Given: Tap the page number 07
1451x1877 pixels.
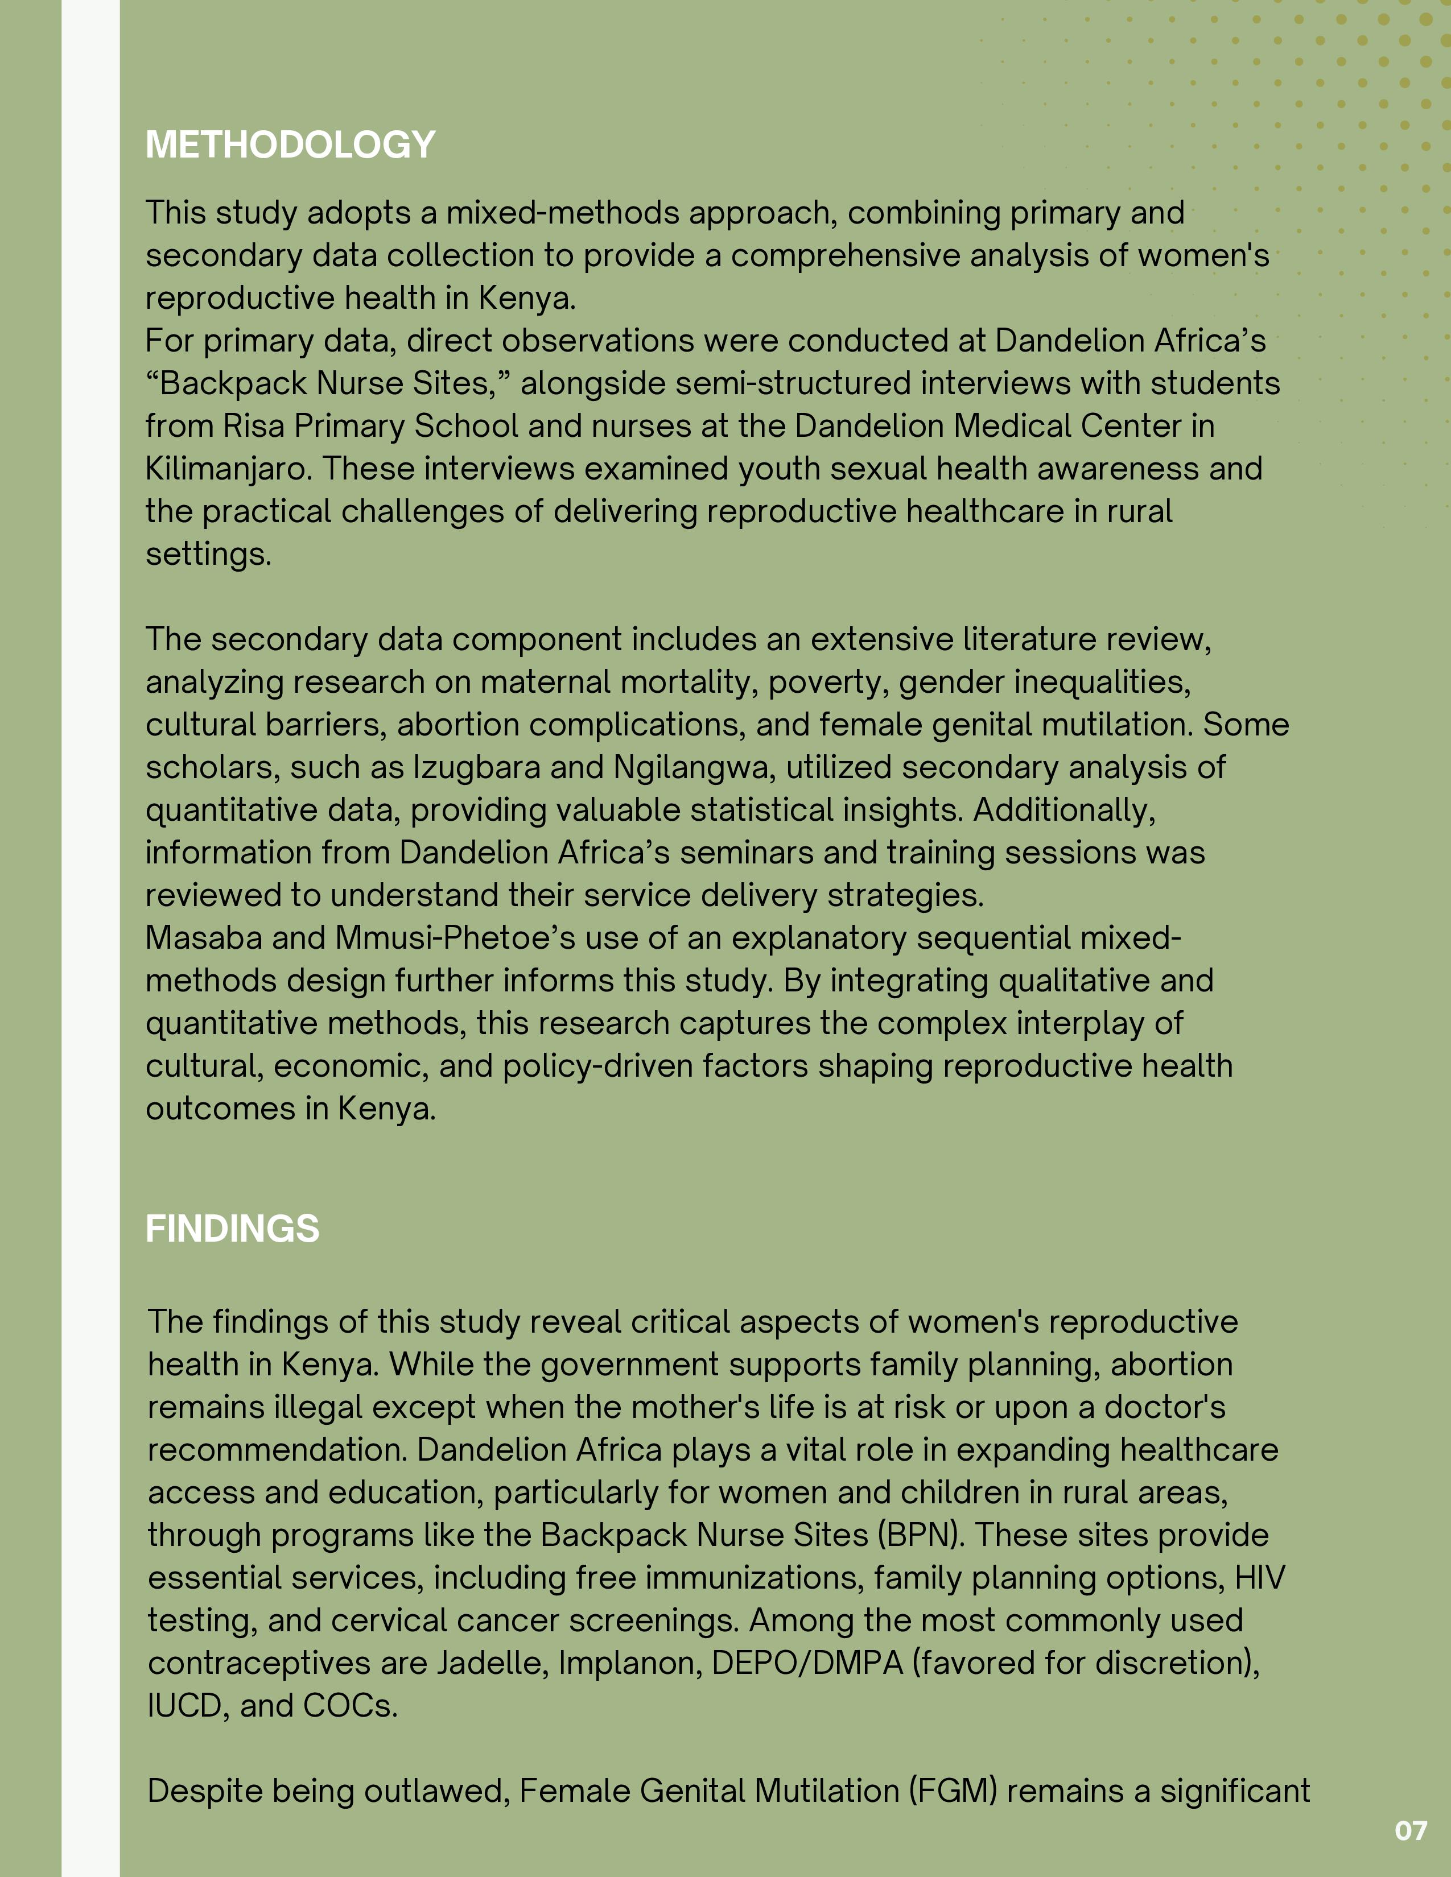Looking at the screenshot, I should (x=1411, y=1830).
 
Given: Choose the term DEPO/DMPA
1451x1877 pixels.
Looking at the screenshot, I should (x=807, y=1663).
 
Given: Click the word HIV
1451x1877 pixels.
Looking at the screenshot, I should (x=1259, y=1578).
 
